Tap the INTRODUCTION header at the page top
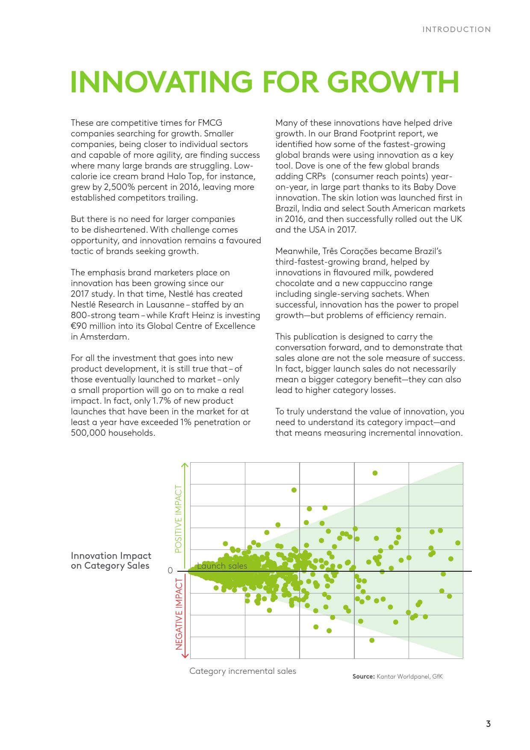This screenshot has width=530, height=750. (456, 30)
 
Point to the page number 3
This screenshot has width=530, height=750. (488, 723)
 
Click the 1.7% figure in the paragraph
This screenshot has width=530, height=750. (161, 401)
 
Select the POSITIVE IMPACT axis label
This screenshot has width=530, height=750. (179, 519)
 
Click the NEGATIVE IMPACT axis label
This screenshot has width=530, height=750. (179, 614)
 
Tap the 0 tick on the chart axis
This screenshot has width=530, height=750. (170, 571)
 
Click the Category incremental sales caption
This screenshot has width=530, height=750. (242, 671)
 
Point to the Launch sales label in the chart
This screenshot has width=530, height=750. (222, 566)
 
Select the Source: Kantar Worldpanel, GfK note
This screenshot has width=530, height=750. (397, 676)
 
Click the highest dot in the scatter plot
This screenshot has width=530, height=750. (375, 473)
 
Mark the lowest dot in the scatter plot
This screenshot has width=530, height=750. (372, 640)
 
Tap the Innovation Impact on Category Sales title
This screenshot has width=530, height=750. (111, 561)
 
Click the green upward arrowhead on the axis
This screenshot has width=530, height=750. (185, 465)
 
